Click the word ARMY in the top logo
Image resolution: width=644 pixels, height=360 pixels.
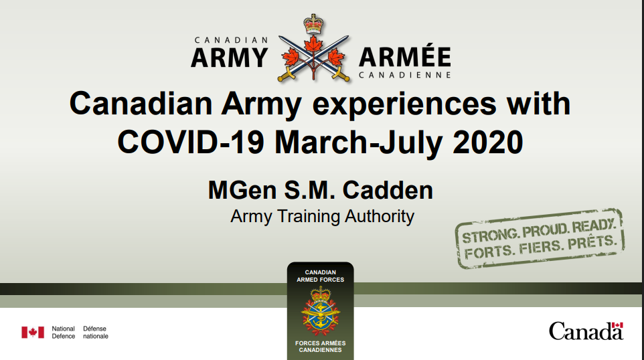(229, 58)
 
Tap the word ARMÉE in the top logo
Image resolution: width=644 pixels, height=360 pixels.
(404, 58)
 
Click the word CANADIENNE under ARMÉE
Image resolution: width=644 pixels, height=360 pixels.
(404, 75)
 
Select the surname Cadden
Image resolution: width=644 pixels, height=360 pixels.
(388, 190)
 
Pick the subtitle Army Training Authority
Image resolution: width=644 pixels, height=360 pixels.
(322, 216)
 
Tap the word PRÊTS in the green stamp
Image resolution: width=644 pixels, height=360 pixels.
(591, 244)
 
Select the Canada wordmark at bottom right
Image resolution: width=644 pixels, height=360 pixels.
(586, 331)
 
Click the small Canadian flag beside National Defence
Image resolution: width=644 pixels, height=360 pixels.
(33, 332)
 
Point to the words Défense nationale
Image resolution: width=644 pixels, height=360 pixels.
(95, 332)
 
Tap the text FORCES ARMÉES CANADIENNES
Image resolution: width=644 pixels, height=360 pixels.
(320, 346)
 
